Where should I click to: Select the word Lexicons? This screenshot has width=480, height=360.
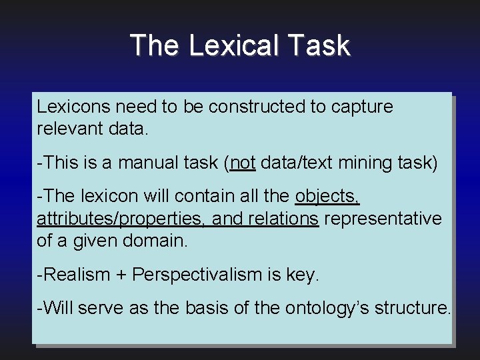point(73,107)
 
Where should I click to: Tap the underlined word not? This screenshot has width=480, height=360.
point(243,163)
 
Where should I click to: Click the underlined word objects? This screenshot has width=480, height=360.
point(327,197)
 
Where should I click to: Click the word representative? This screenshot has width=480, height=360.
point(383,219)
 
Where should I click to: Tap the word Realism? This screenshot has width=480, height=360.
point(75,275)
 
